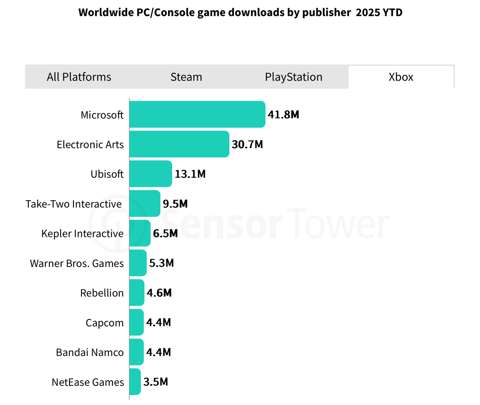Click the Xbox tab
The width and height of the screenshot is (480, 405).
(x=401, y=77)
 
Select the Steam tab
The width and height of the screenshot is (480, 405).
(x=186, y=77)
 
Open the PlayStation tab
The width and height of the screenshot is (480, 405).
(x=294, y=77)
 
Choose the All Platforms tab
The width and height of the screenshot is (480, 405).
(x=79, y=77)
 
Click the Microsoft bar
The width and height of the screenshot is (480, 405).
(x=197, y=114)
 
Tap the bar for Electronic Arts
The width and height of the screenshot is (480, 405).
(x=179, y=144)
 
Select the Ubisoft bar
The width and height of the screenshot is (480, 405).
(x=151, y=174)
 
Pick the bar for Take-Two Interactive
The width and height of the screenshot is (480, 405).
(x=145, y=203)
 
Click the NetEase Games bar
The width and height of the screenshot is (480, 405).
(x=135, y=382)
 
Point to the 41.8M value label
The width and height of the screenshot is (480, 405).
(x=283, y=114)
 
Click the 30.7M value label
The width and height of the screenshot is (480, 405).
(x=247, y=144)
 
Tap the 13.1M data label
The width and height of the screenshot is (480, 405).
(x=190, y=174)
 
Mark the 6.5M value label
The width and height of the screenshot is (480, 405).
(x=165, y=233)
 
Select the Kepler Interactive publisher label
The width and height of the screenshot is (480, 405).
(x=82, y=234)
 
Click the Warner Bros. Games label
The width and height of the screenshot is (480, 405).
(x=77, y=263)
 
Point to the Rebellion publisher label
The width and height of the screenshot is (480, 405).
(x=102, y=293)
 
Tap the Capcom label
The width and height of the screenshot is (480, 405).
(x=105, y=323)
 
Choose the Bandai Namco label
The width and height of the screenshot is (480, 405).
(x=90, y=352)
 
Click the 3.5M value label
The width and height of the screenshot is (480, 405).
(x=156, y=382)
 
